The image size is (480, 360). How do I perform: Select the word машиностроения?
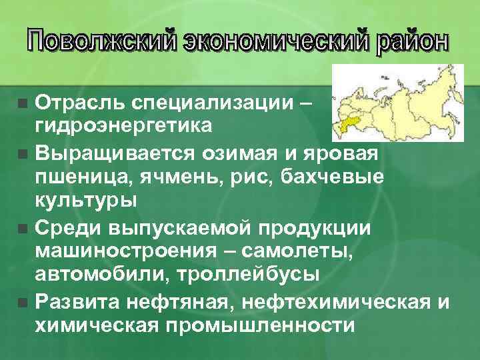119,251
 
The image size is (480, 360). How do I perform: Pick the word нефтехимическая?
335,301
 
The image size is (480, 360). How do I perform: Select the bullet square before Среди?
23,229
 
